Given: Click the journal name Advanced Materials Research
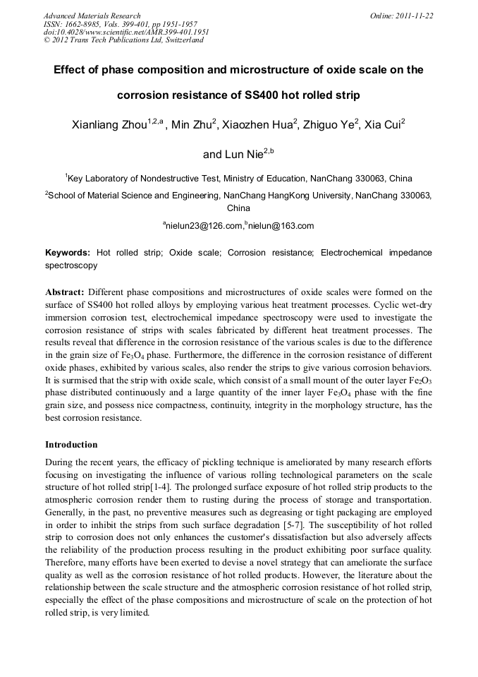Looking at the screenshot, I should (92, 16).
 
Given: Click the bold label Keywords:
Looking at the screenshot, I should (68, 252).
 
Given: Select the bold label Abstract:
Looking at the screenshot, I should (65, 292).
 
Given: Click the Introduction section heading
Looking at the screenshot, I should (71, 445).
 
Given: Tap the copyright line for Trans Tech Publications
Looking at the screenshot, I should (123, 40).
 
